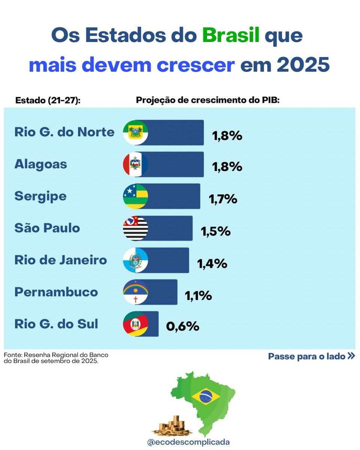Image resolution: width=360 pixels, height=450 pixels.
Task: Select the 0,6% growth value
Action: click(183, 327)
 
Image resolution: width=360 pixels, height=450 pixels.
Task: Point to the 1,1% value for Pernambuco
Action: click(198, 296)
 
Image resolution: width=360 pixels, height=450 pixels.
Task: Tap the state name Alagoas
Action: click(40, 164)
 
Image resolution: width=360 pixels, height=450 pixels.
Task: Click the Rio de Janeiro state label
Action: click(61, 260)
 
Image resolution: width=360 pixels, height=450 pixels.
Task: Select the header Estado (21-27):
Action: click(48, 100)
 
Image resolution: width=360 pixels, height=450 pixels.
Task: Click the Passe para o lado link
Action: click(311, 356)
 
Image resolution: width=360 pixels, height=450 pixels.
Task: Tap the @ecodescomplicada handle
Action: click(188, 442)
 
